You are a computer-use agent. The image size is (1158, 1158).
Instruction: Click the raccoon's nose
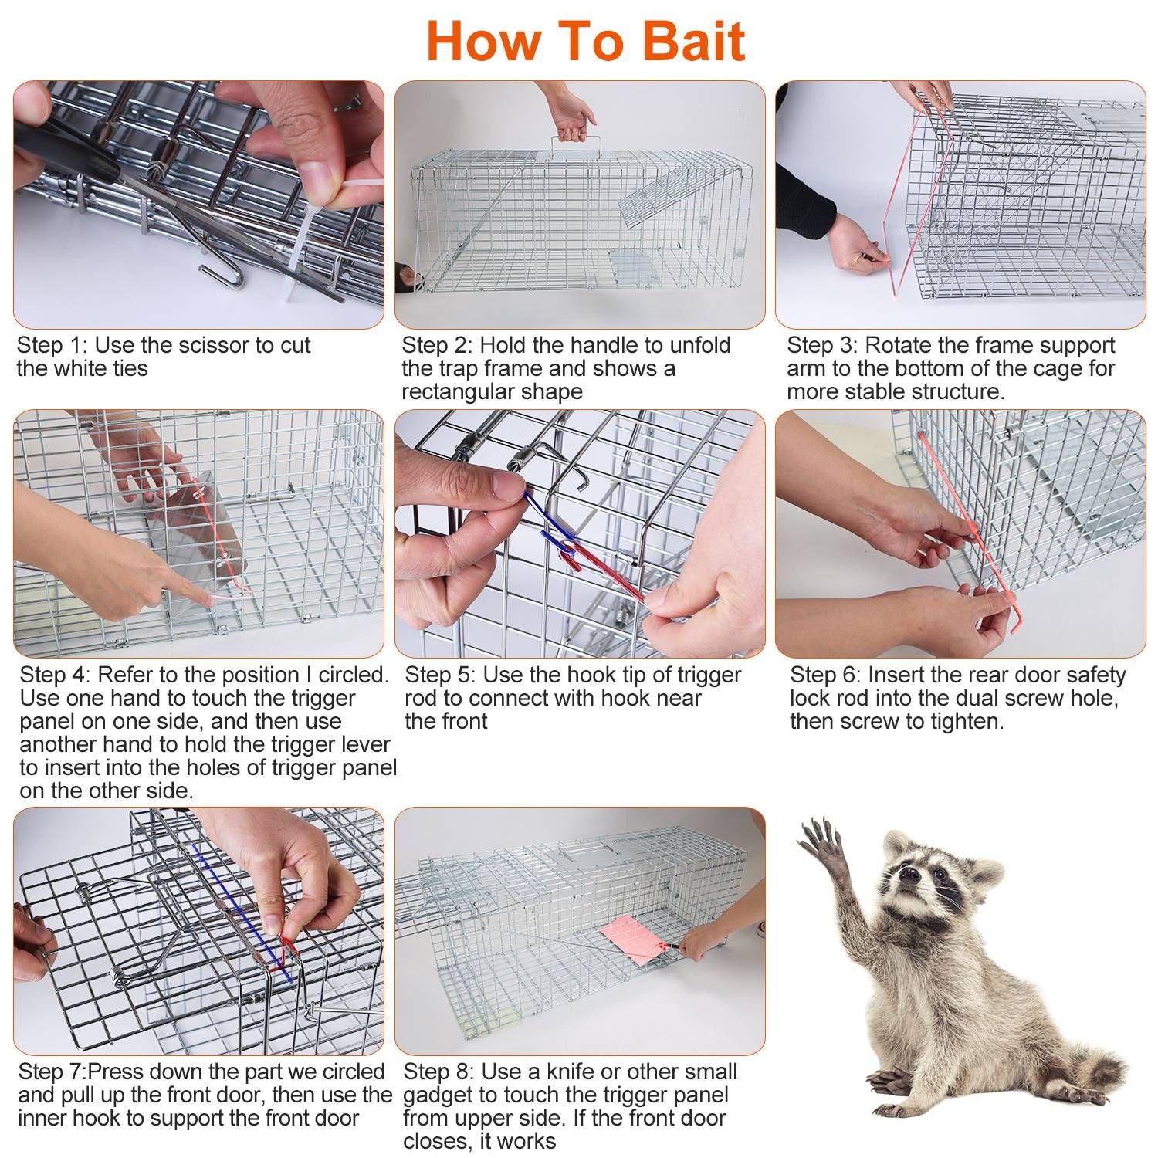click(x=910, y=875)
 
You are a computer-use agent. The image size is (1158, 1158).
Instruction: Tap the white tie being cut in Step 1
click(x=324, y=224)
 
